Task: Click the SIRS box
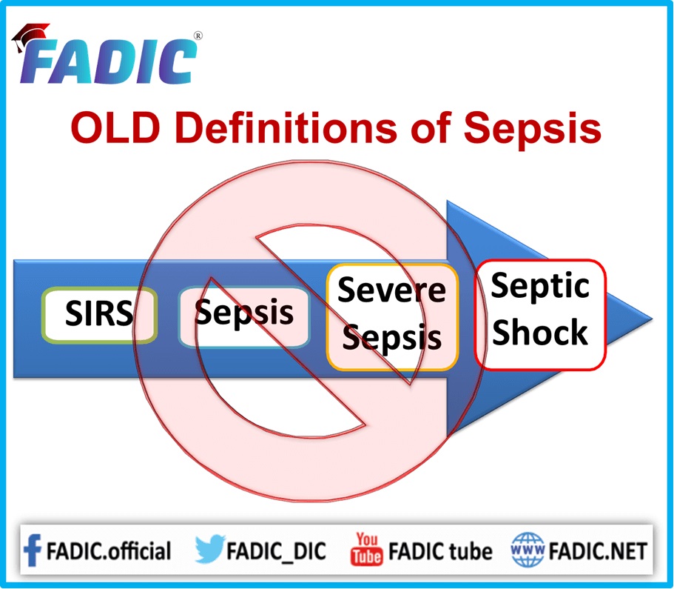click(x=99, y=315)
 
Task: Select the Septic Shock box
click(x=540, y=315)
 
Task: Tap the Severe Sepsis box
click(x=392, y=317)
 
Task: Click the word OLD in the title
click(x=115, y=128)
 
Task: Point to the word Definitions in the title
click(x=286, y=127)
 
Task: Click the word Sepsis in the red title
click(x=532, y=130)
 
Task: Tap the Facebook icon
click(x=33, y=550)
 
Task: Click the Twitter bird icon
click(x=209, y=548)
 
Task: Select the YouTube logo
click(x=366, y=549)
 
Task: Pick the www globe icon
click(x=528, y=550)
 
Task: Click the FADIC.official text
click(x=108, y=551)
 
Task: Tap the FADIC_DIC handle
click(x=276, y=551)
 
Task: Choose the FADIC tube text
click(x=440, y=551)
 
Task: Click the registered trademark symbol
click(x=198, y=36)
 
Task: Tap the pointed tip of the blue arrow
click(x=652, y=319)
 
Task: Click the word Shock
click(x=540, y=333)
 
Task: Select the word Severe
click(x=391, y=290)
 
